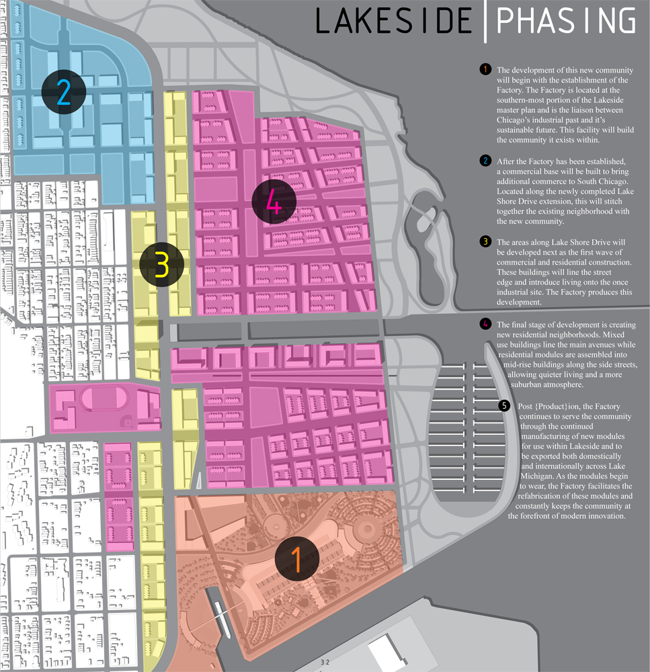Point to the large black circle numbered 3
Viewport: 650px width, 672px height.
(x=161, y=265)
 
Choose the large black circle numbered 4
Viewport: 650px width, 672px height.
(x=273, y=202)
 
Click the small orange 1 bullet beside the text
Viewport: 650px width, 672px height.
(x=485, y=70)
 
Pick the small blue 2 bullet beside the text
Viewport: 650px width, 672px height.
(x=485, y=161)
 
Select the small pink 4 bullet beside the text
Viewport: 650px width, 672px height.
(x=485, y=325)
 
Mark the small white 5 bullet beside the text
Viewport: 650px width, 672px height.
(x=505, y=407)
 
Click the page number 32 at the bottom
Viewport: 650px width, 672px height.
(x=325, y=663)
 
